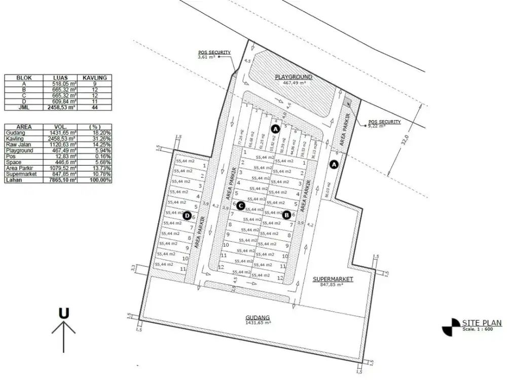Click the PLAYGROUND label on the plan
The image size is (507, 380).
click(x=294, y=77)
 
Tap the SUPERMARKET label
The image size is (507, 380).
click(x=333, y=279)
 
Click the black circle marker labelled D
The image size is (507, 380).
click(x=187, y=216)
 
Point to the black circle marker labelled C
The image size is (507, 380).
click(x=241, y=206)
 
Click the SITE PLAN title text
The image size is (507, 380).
click(x=482, y=323)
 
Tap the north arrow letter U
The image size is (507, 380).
click(x=63, y=314)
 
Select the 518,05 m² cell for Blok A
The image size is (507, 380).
click(x=63, y=84)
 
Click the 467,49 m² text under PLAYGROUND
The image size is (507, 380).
click(x=295, y=83)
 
